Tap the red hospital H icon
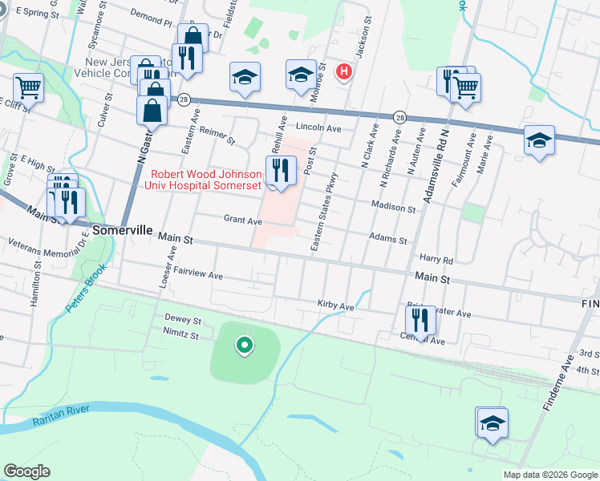point(344,72)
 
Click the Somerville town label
point(122,230)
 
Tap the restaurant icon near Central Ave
point(420,321)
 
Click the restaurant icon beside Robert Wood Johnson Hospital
point(279,170)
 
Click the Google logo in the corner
point(26,471)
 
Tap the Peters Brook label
point(86,289)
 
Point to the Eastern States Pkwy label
point(322,212)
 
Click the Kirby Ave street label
point(335,306)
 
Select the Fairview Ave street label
point(197,274)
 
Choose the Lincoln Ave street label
point(318,127)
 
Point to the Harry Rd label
point(436,259)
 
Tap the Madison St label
point(392,207)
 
